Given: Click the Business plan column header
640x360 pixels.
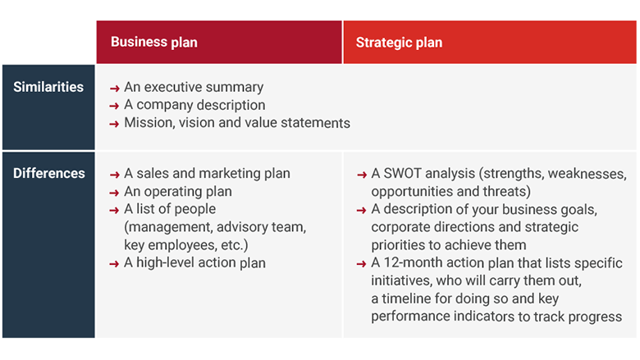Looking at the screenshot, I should (x=154, y=42).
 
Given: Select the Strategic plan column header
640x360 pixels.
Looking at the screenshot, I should (x=399, y=42).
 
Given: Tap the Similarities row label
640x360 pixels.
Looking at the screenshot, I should (x=48, y=87).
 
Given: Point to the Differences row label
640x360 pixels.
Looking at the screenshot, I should (x=49, y=173).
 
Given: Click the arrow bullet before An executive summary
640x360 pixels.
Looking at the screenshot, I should (x=115, y=88).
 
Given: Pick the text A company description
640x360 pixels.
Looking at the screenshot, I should (x=194, y=105).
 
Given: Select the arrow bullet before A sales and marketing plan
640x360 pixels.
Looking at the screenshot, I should (x=115, y=175).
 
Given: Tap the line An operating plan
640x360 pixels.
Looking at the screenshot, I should (x=178, y=191).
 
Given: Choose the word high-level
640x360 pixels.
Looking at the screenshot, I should (x=169, y=262).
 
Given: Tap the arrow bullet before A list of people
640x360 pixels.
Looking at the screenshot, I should (x=115, y=210).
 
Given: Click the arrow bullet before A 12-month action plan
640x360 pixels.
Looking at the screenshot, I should (x=362, y=264).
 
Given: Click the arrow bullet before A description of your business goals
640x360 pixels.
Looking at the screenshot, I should (x=362, y=210).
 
